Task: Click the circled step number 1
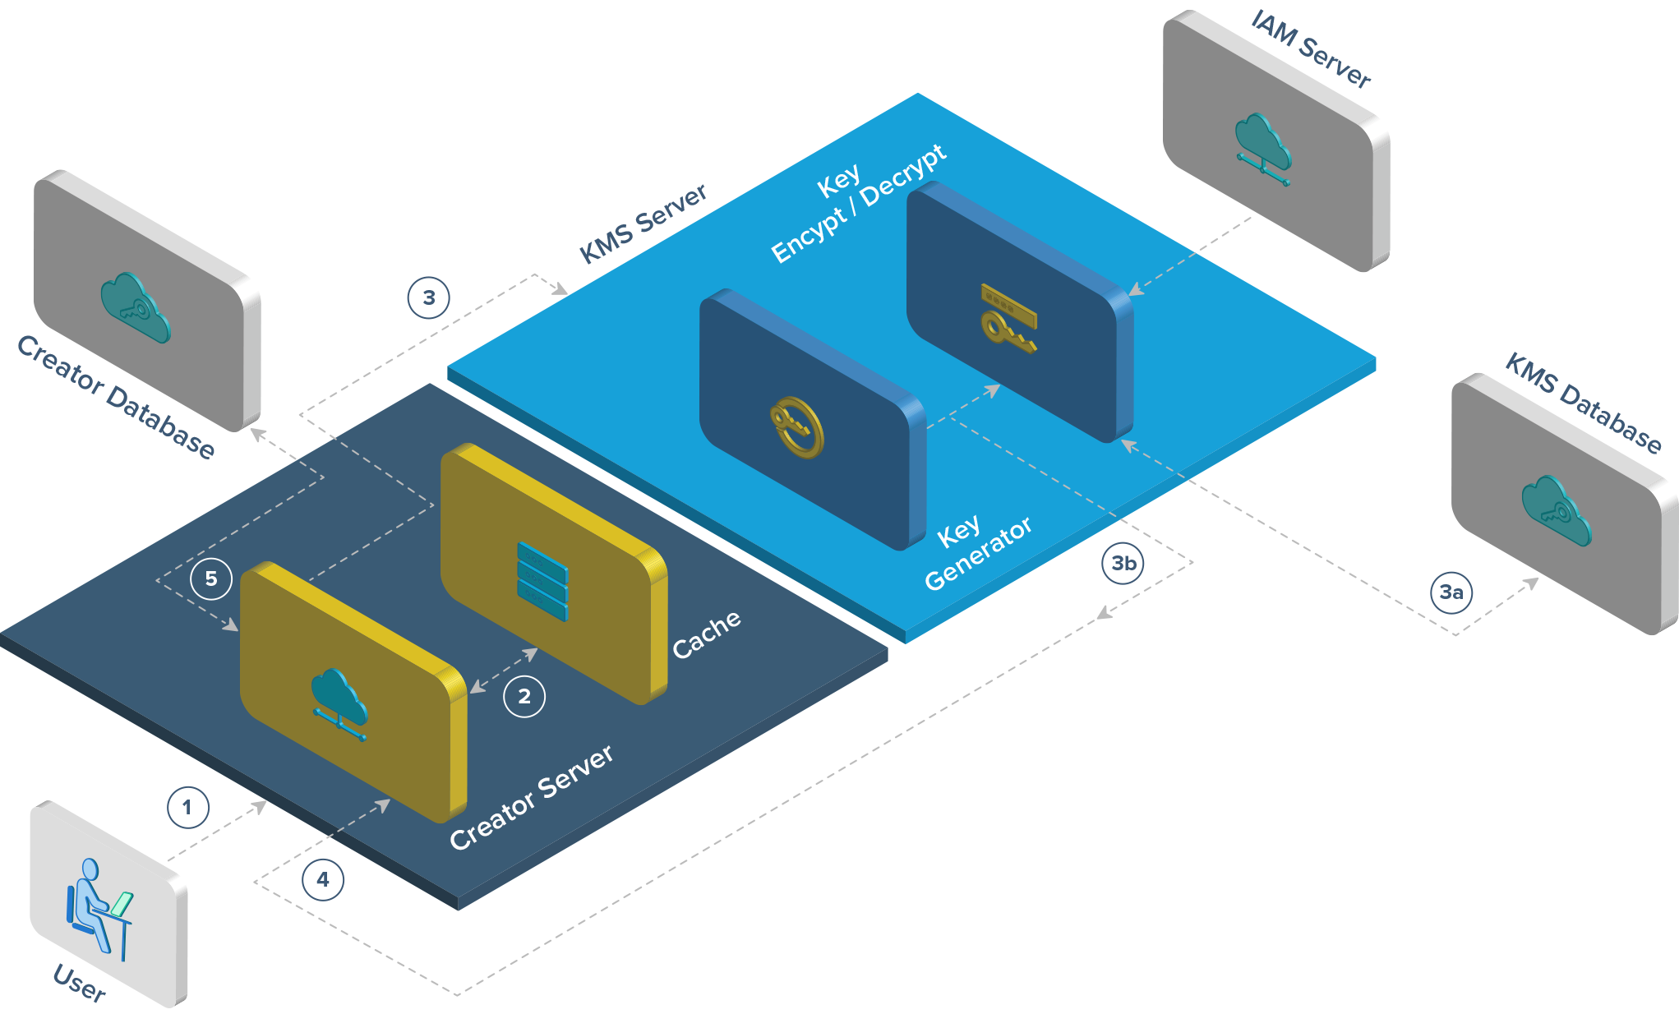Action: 187,808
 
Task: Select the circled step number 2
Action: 524,697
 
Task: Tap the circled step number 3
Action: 429,297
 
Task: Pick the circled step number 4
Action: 323,880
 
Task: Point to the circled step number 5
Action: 211,578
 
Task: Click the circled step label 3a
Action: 1451,592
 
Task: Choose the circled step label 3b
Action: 1123,564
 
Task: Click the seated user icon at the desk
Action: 99,909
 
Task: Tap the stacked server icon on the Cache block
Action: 542,581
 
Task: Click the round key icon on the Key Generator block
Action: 796,427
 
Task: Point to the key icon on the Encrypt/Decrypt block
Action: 1008,318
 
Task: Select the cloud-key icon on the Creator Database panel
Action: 136,308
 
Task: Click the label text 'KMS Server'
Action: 643,224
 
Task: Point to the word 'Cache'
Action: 707,634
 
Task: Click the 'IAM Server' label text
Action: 1311,48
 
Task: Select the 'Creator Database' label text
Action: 116,397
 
